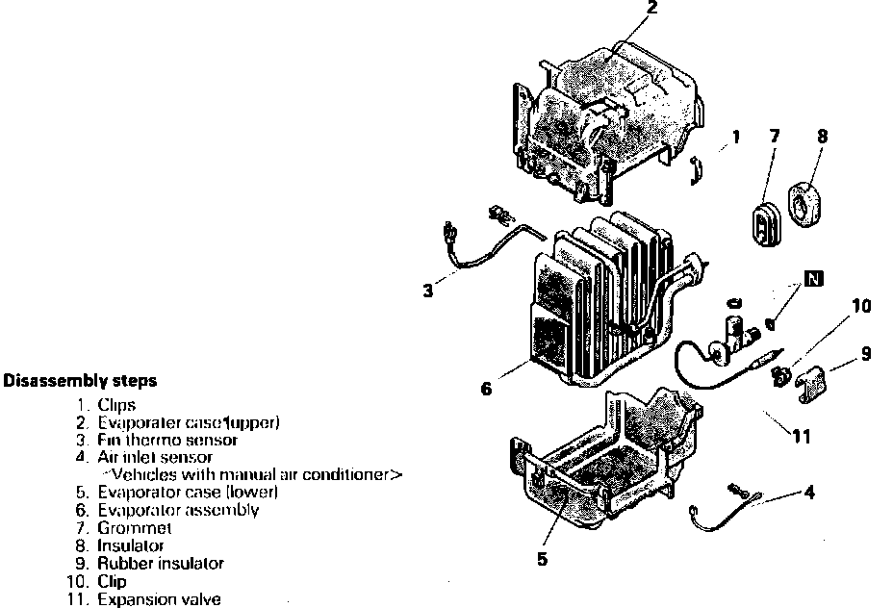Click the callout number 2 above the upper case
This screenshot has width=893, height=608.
pyautogui.click(x=652, y=10)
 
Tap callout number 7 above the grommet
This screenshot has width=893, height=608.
pyautogui.click(x=774, y=137)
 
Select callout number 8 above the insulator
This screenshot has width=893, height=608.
pyautogui.click(x=822, y=137)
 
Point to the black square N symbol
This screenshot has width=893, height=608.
pyautogui.click(x=815, y=280)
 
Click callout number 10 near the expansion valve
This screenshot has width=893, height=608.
pyautogui.click(x=860, y=307)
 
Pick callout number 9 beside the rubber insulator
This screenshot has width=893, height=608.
pyautogui.click(x=866, y=353)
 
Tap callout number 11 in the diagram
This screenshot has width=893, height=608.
pyautogui.click(x=801, y=436)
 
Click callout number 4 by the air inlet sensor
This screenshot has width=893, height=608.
pyautogui.click(x=809, y=493)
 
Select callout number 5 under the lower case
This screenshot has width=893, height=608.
pyautogui.click(x=543, y=558)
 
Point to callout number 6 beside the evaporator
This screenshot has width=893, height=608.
pyautogui.click(x=486, y=389)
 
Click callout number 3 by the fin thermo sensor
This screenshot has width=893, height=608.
pyautogui.click(x=427, y=290)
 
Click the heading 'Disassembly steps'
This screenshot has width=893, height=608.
pyautogui.click(x=80, y=380)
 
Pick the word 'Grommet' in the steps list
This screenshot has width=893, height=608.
pyautogui.click(x=134, y=528)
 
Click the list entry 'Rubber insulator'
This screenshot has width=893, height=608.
pyautogui.click(x=160, y=564)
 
